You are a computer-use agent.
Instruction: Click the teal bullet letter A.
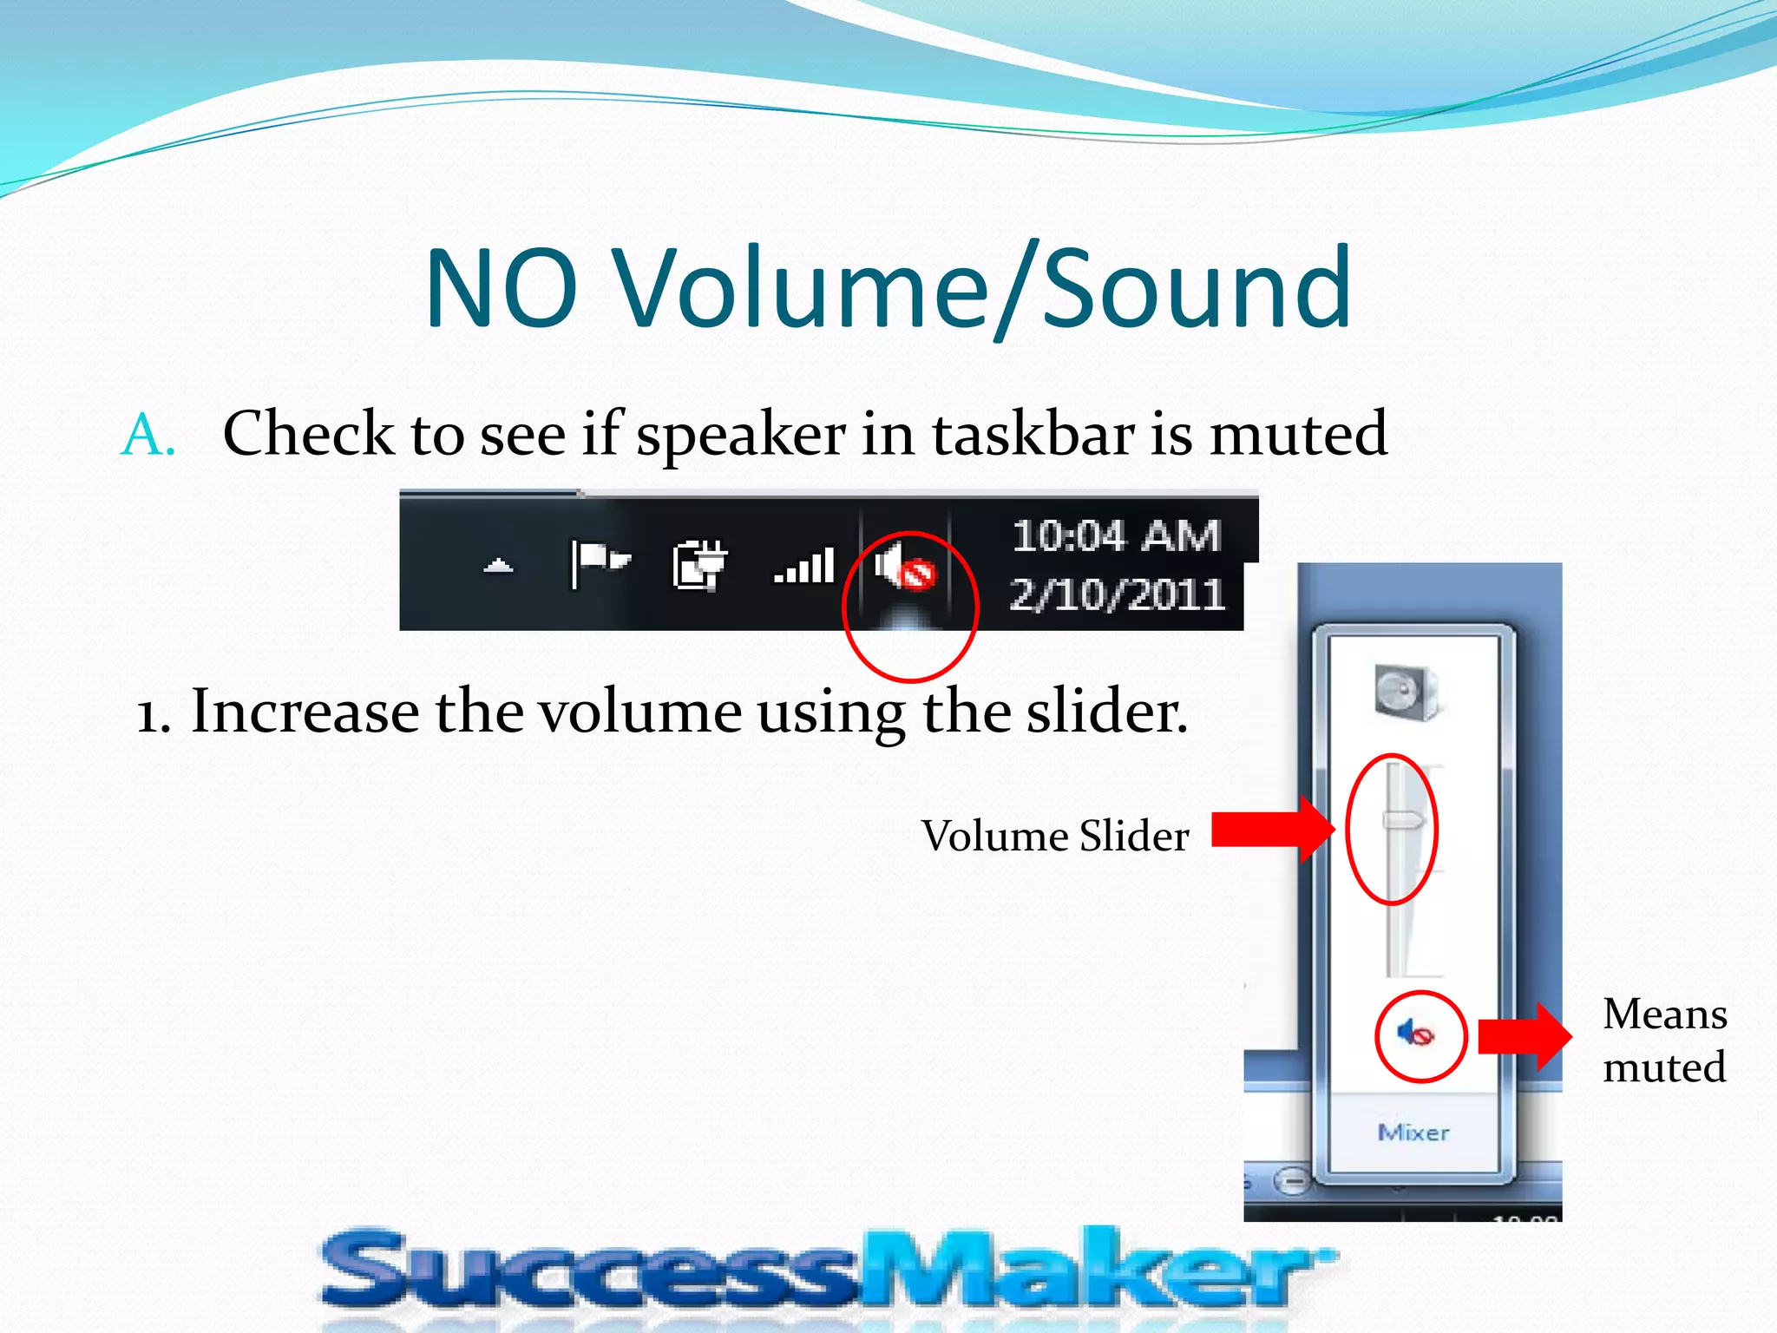(x=148, y=434)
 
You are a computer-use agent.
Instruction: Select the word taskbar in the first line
(x=1033, y=434)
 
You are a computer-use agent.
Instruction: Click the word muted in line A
(x=1298, y=434)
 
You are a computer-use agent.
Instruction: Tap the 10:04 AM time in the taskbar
(x=1117, y=535)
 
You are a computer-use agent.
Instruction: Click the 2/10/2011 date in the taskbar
(x=1117, y=595)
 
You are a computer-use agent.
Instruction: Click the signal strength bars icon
(x=804, y=566)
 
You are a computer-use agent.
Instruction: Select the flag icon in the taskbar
(x=600, y=562)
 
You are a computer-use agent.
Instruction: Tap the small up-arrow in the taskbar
(x=498, y=567)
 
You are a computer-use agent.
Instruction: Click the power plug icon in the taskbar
(x=699, y=565)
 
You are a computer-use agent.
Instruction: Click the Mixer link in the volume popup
(x=1413, y=1133)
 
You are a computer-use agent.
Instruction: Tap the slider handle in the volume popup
(x=1402, y=820)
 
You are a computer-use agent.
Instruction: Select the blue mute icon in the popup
(x=1415, y=1034)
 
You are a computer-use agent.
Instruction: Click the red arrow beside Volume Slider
(x=1271, y=830)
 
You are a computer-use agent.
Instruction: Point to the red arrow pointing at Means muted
(x=1524, y=1036)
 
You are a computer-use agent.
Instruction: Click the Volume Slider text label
(x=1054, y=837)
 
